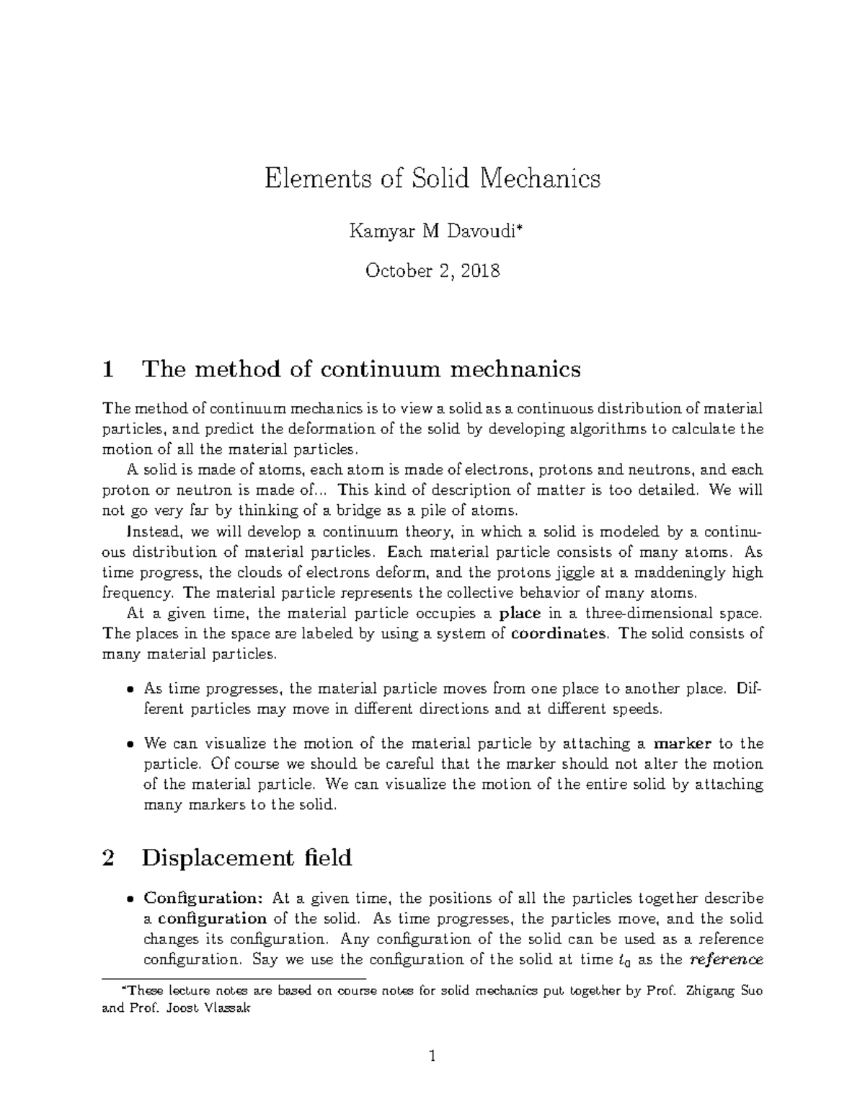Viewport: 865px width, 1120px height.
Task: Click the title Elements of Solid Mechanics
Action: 432,178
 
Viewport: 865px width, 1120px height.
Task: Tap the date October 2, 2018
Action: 432,271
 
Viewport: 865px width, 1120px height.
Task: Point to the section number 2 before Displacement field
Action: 109,858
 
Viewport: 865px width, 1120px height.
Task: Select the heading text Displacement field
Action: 247,858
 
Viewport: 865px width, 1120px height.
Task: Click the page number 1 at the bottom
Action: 432,1057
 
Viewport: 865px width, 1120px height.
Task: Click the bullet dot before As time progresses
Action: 130,689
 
